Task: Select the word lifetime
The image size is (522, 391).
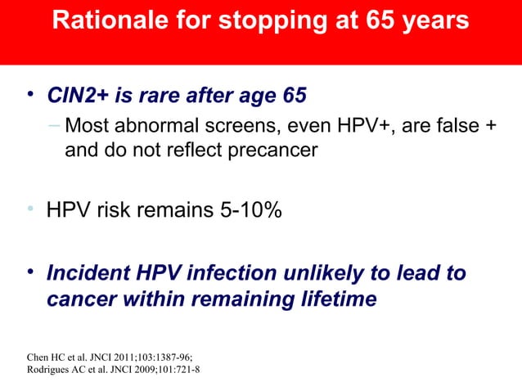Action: click(x=337, y=299)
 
